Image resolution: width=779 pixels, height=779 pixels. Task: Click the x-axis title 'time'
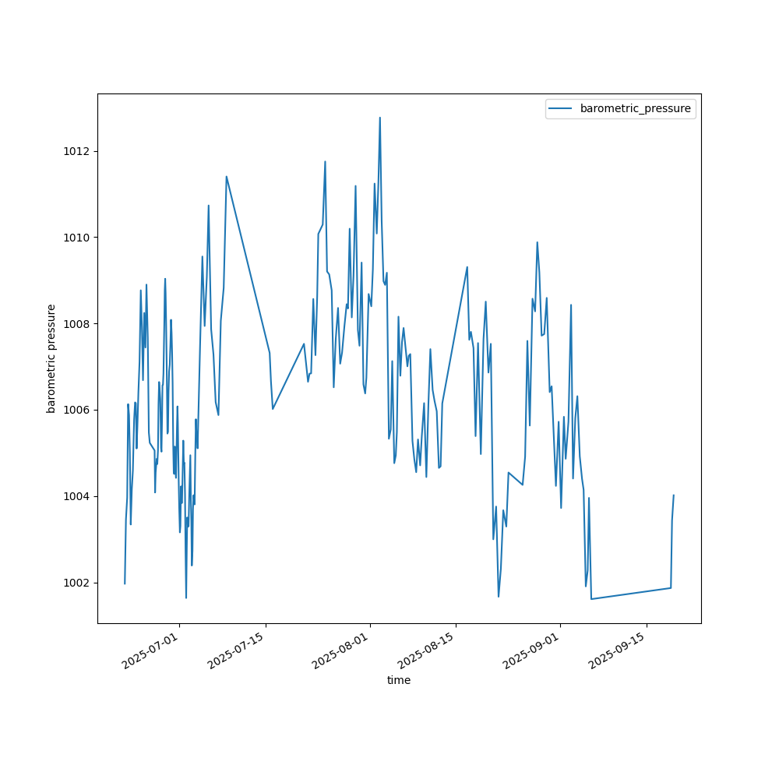coord(399,680)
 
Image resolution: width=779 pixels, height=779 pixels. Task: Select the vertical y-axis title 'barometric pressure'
coord(51,358)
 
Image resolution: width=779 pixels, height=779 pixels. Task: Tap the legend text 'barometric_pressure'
coord(635,109)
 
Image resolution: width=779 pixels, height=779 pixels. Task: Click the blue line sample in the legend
coord(561,109)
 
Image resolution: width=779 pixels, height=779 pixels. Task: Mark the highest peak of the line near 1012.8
coord(380,118)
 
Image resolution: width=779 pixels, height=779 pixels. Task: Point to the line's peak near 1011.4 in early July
coord(227,176)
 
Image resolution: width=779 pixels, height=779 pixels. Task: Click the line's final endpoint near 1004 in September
coord(674,495)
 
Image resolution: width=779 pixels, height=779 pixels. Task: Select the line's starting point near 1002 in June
coord(125,583)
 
